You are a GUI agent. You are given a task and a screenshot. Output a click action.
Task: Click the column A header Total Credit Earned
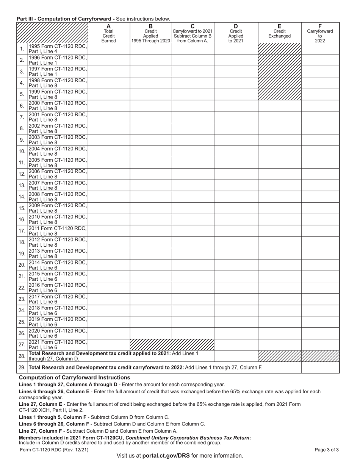point(109,33)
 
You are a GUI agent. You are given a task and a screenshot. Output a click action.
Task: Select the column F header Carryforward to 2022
point(320,33)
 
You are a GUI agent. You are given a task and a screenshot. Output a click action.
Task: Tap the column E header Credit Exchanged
point(279,33)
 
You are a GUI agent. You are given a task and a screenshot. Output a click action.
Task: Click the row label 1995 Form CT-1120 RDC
point(58,49)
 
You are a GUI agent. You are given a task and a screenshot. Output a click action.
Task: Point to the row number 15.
point(22,208)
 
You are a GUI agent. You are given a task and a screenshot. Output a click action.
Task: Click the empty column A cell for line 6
point(109,106)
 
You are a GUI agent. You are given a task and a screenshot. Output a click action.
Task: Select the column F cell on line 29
point(320,367)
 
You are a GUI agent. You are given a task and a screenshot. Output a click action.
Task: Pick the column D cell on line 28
point(236,356)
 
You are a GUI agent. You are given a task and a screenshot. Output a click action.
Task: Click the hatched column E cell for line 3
point(279,72)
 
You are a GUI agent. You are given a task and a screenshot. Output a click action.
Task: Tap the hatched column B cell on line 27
point(150,345)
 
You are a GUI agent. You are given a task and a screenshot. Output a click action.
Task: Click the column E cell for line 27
point(279,345)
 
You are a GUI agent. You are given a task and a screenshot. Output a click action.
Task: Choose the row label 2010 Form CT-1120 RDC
point(58,219)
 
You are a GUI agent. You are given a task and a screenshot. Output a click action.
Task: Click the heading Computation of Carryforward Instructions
point(74,378)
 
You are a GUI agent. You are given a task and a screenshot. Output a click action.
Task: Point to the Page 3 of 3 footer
point(326,450)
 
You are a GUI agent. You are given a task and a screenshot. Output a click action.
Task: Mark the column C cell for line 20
point(193,265)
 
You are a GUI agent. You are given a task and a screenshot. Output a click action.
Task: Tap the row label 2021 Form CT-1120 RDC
point(58,344)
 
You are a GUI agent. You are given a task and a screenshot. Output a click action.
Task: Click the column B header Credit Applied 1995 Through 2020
point(150,33)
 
